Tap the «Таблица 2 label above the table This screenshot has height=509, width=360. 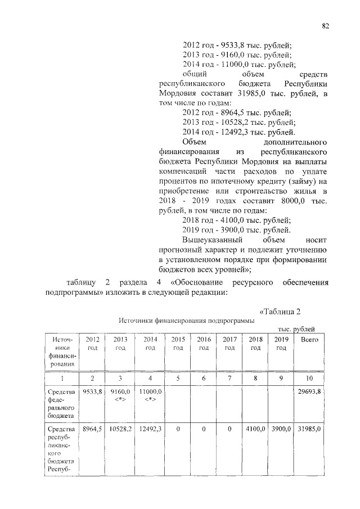point(285,312)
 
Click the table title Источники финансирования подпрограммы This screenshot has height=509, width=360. point(186,321)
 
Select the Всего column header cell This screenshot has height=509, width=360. point(309,340)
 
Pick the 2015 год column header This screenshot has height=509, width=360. point(178,344)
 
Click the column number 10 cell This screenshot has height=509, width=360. point(309,379)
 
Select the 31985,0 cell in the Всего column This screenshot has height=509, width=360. point(309,429)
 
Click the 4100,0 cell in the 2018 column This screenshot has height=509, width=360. point(256,429)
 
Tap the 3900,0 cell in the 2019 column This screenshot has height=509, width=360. point(281,429)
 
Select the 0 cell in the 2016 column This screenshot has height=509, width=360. point(204,429)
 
